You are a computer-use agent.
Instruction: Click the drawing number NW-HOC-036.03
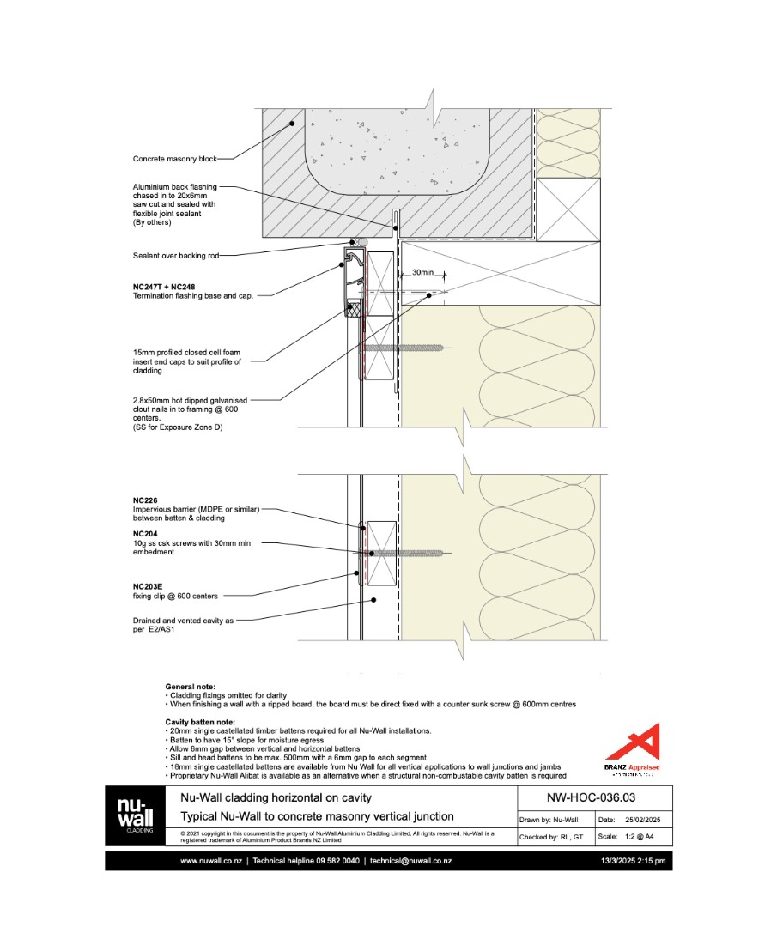click(x=591, y=797)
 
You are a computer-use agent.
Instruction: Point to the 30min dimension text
click(x=422, y=272)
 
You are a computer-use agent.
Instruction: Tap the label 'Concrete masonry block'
click(x=175, y=159)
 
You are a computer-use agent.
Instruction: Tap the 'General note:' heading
click(x=191, y=687)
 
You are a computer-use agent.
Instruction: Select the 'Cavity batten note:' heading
click(x=199, y=722)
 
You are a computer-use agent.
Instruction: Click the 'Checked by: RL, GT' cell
click(x=551, y=837)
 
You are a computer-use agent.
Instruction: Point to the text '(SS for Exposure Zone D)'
click(x=177, y=427)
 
